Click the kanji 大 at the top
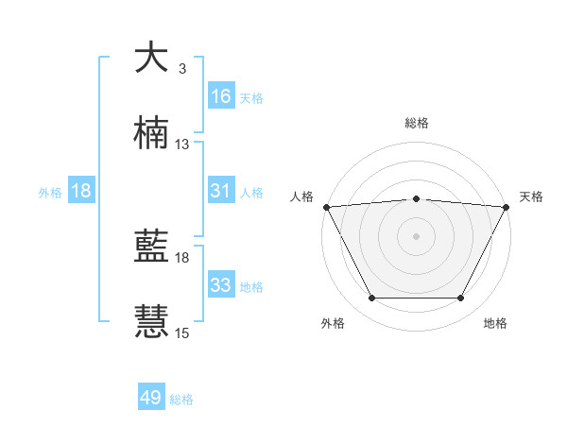point(151,58)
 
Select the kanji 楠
point(151,134)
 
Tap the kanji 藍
point(151,248)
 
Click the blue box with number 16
point(221,96)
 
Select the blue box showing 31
point(221,191)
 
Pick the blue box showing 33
point(221,285)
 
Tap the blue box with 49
point(151,399)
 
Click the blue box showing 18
point(81,191)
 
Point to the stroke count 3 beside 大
point(181,69)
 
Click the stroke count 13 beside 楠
point(182,145)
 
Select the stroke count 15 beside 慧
point(182,333)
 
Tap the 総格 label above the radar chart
point(416,123)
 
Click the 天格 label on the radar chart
point(531,196)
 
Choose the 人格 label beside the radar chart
point(301,196)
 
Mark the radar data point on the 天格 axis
point(507,206)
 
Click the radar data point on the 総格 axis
point(416,198)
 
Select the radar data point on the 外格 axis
point(371,299)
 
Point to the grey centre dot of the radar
point(416,236)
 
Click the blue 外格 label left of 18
point(50,192)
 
